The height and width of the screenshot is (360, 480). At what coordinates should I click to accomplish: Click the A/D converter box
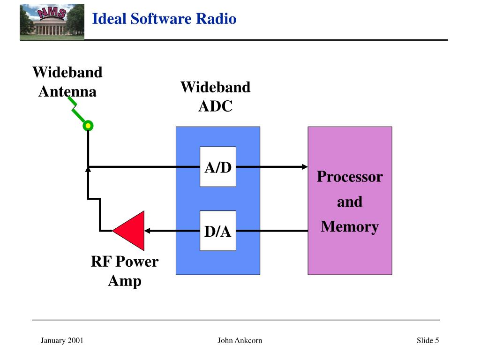click(217, 167)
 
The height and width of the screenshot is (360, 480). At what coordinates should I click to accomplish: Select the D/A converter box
click(217, 231)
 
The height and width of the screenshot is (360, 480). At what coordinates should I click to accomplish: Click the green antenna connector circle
click(88, 126)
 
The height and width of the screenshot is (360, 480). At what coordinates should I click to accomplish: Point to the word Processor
click(350, 177)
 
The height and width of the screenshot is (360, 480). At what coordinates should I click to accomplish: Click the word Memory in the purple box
click(350, 227)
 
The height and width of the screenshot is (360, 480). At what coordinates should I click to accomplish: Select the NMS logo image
click(52, 22)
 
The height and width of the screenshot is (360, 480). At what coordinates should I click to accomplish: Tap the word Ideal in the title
click(109, 19)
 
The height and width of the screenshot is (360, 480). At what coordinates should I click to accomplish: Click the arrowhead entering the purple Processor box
click(305, 167)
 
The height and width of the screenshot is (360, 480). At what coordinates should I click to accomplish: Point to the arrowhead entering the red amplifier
click(147, 231)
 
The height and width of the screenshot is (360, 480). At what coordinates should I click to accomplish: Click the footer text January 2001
click(62, 340)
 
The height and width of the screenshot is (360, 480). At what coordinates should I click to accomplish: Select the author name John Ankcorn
click(240, 340)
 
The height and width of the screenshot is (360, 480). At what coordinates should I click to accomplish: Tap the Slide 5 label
click(427, 340)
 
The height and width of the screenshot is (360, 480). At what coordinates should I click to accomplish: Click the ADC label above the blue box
click(216, 106)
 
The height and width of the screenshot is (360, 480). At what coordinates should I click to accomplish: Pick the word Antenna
click(67, 91)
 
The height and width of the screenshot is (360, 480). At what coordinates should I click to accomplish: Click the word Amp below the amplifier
click(125, 281)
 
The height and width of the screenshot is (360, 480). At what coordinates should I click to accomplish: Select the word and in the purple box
click(350, 202)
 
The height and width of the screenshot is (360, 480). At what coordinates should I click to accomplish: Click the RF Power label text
click(125, 262)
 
